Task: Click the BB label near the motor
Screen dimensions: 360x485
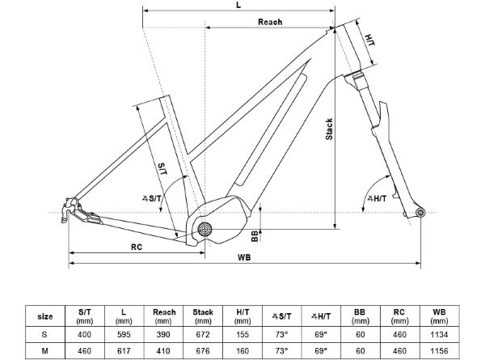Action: (x=255, y=235)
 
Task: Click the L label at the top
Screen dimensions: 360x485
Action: (x=237, y=6)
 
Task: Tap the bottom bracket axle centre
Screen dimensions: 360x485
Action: (x=205, y=228)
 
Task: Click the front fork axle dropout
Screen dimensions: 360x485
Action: (x=420, y=213)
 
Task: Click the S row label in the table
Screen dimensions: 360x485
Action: (x=47, y=333)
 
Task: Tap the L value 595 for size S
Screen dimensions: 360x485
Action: (x=122, y=333)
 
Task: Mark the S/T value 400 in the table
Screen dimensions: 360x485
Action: (x=84, y=333)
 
